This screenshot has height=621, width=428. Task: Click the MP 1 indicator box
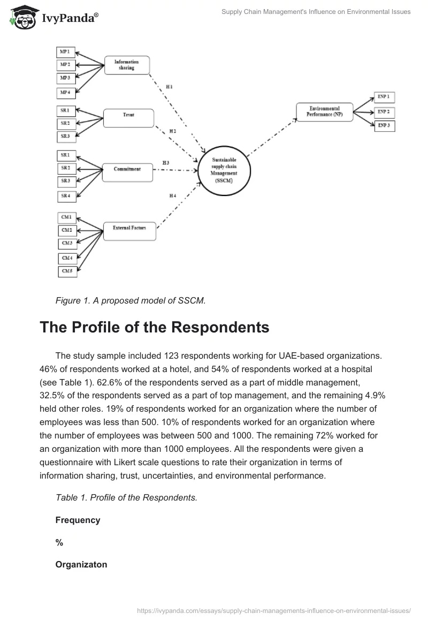(67, 52)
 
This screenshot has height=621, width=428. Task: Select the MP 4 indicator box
(67, 93)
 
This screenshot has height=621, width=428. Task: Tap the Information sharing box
(126, 65)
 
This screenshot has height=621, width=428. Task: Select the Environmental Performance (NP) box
(324, 112)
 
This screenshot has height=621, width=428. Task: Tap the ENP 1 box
(383, 97)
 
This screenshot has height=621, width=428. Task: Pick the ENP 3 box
(383, 125)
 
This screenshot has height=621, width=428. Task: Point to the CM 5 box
(67, 271)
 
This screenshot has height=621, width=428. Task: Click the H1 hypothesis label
(170, 87)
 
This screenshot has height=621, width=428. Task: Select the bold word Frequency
(78, 520)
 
